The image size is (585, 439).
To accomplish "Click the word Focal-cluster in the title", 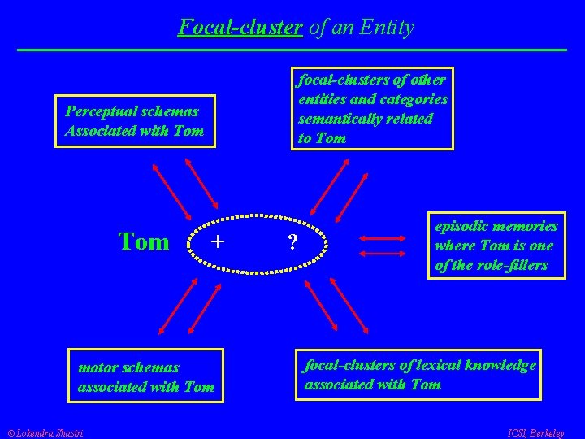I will [x=240, y=28].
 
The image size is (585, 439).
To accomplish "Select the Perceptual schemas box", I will [x=135, y=120].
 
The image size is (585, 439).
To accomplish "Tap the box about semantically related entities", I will [x=372, y=108].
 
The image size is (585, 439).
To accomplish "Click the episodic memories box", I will [x=496, y=246].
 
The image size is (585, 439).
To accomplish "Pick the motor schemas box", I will [x=145, y=377].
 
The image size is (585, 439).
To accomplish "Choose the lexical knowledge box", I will [x=419, y=375].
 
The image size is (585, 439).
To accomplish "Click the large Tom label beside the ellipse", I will [x=144, y=241].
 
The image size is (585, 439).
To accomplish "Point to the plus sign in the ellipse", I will [x=218, y=241].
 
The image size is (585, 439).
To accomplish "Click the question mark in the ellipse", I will [x=293, y=242].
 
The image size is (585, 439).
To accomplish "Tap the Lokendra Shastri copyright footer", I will [x=48, y=432].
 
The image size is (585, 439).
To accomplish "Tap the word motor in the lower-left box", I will [x=97, y=368].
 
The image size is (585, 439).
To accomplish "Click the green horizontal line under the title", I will [x=292, y=50].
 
